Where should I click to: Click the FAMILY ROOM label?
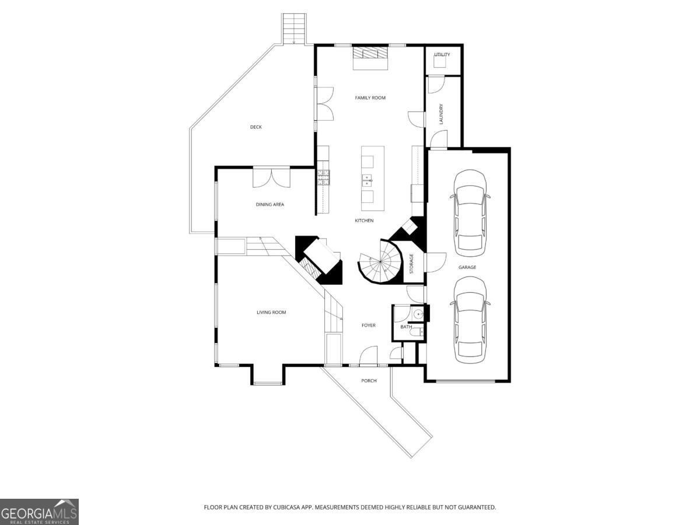click(370, 98)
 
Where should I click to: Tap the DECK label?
click(256, 127)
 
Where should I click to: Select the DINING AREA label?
click(269, 205)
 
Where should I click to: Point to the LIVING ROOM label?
click(271, 313)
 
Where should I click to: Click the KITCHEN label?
click(364, 220)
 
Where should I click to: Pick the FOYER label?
click(368, 325)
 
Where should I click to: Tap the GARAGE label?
click(467, 268)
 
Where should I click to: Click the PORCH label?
click(369, 381)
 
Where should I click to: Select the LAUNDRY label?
click(442, 114)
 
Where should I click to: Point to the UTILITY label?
click(442, 55)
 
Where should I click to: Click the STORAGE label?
click(411, 264)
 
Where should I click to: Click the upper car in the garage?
click(470, 213)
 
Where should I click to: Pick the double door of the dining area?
click(271, 177)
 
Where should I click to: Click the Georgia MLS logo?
click(39, 512)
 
